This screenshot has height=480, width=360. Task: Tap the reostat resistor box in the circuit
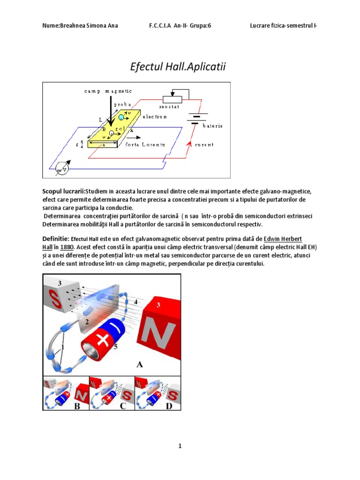pos(172,99)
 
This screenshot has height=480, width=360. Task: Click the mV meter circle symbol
pos(60,168)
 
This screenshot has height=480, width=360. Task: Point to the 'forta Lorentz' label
pos(145,145)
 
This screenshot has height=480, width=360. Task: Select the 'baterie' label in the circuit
pos(212,126)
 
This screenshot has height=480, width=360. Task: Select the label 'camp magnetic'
pos(108,90)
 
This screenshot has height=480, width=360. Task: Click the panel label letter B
pos(77,406)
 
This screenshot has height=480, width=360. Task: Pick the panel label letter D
pos(169,406)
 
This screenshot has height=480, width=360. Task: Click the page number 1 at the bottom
pos(180,446)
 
